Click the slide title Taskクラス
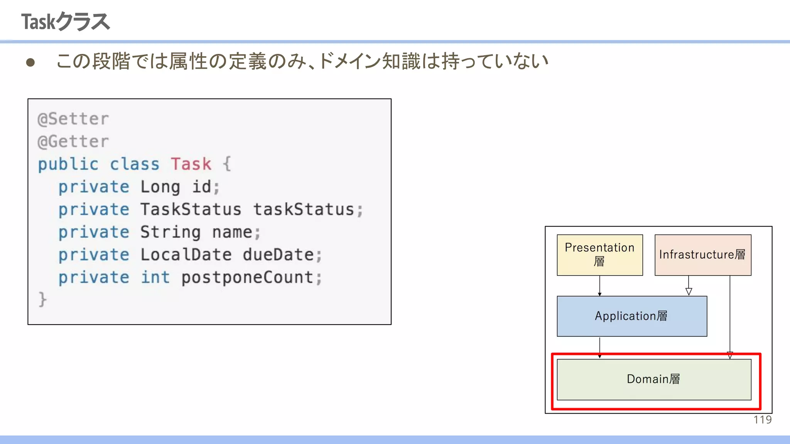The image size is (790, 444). [x=66, y=22]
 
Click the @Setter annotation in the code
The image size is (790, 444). [x=73, y=119]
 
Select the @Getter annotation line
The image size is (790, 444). [x=73, y=141]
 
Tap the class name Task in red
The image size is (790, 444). [x=191, y=164]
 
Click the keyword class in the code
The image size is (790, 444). [x=134, y=164]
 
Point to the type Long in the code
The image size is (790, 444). [x=160, y=187]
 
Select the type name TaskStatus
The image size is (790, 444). [x=191, y=210]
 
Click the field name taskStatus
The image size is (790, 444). [x=304, y=210]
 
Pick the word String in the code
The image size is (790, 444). [x=170, y=232]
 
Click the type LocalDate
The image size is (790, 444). [x=186, y=255]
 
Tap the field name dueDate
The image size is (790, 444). [x=278, y=255]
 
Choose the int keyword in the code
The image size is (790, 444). [x=155, y=277]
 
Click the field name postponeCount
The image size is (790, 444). [x=247, y=277]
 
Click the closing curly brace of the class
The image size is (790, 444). [x=42, y=299]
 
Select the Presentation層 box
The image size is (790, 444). [x=599, y=255]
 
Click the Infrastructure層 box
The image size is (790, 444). [x=702, y=255]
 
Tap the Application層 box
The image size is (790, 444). [x=631, y=316]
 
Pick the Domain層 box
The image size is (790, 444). [x=654, y=379]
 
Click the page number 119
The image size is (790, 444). [x=762, y=420]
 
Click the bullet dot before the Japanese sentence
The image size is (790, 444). [x=30, y=62]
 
